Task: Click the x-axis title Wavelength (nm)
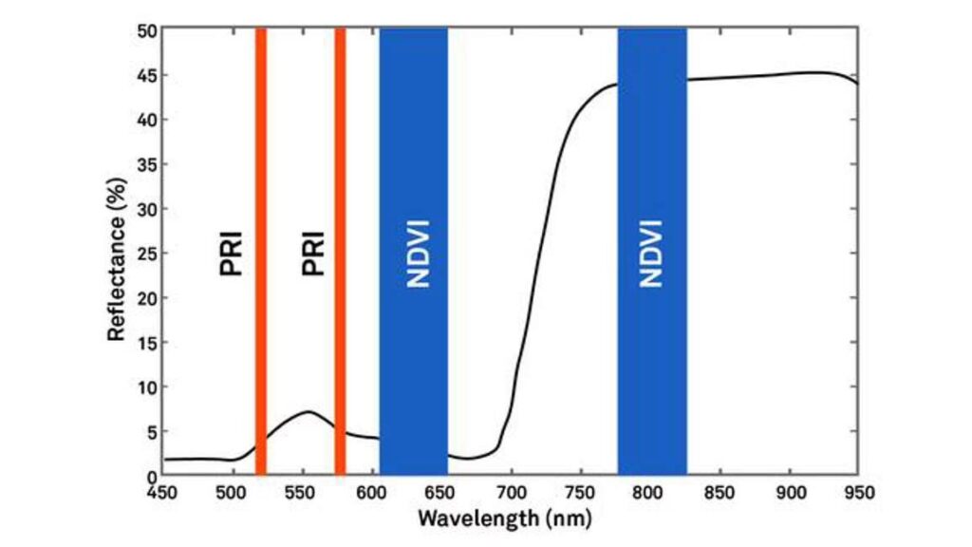point(504,519)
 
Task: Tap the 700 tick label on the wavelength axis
point(511,492)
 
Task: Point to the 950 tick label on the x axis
point(858,492)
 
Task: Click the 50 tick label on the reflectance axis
point(145,30)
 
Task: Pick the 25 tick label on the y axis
point(145,253)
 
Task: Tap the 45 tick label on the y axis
point(145,75)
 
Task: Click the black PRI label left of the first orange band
point(232,254)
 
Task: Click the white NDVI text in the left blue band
point(417,254)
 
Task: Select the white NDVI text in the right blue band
point(650,254)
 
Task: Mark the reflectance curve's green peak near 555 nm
point(308,412)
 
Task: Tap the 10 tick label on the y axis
point(145,387)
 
